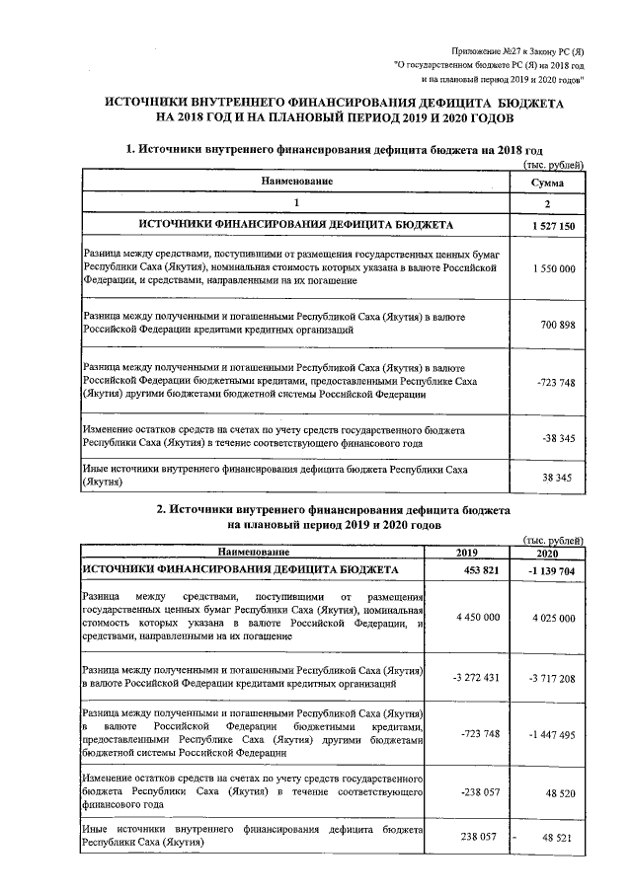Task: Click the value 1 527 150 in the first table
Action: [x=552, y=227]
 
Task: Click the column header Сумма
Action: [x=547, y=184]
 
